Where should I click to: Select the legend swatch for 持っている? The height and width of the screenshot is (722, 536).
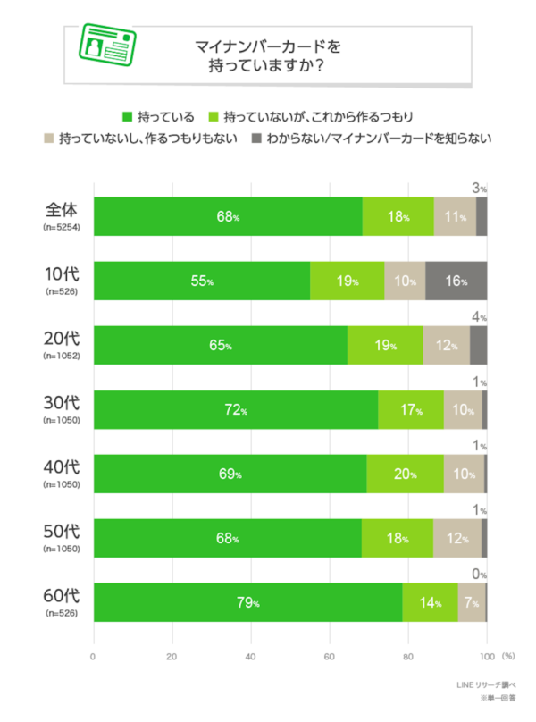tap(126, 116)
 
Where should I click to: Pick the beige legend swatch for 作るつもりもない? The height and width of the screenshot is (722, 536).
tap(47, 139)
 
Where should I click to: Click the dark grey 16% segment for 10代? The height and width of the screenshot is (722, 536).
tap(456, 281)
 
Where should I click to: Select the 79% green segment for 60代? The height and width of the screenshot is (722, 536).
tap(247, 601)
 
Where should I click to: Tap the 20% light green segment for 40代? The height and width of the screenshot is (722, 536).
tap(405, 474)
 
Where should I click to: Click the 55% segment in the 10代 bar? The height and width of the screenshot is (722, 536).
tap(202, 281)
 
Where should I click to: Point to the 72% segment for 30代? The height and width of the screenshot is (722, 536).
tap(236, 409)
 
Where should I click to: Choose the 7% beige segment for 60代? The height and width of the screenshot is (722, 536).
tap(472, 601)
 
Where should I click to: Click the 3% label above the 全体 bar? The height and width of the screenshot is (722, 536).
tap(479, 189)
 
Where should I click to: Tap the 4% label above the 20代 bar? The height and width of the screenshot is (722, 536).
tap(479, 316)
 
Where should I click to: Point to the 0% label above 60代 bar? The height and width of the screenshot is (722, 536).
tap(479, 575)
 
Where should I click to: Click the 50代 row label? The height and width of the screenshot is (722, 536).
tap(63, 531)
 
